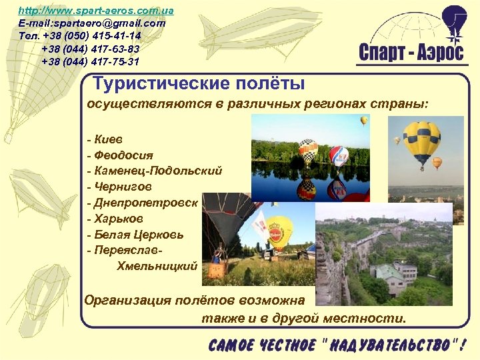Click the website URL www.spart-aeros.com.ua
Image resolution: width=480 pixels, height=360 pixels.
pos(96,11)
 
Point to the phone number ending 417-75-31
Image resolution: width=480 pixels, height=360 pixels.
pos(90,61)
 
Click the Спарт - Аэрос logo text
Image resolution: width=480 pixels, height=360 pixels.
pos(411,53)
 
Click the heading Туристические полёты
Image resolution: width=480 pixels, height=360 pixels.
pos(199,84)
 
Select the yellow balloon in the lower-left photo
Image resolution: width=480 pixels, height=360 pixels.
pos(281,229)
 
